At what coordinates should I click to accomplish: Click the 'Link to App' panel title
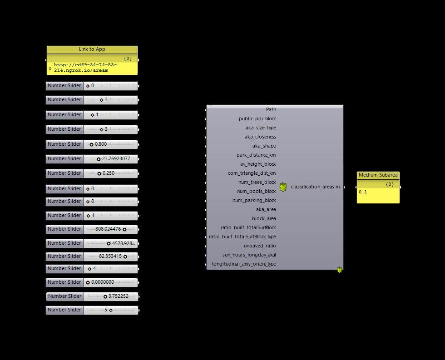tap(92, 49)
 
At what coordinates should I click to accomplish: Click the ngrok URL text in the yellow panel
tap(85, 68)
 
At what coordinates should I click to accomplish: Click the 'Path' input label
tap(271, 109)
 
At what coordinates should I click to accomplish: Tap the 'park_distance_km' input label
tap(256, 155)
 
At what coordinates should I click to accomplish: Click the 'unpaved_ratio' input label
tap(259, 246)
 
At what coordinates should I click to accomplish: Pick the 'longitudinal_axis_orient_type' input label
tap(243, 264)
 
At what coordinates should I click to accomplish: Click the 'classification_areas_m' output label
tap(315, 187)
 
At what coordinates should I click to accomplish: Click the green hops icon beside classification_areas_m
tap(283, 187)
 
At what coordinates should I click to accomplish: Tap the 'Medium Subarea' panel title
tap(378, 175)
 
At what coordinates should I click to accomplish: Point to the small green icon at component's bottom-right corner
tap(339, 270)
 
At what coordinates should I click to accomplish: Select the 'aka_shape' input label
tap(264, 146)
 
